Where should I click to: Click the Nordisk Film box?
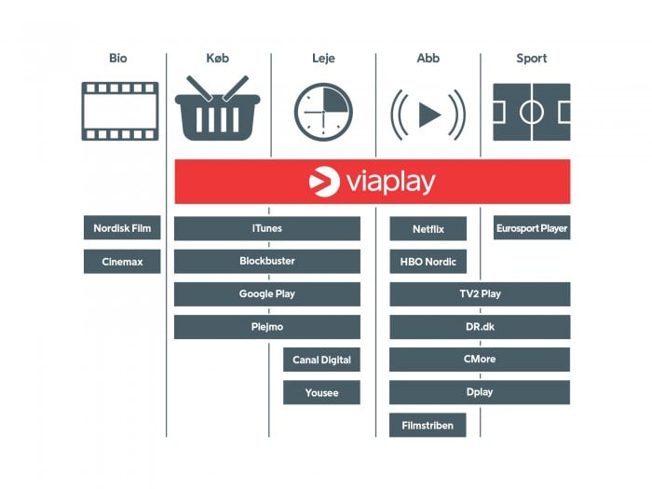pos(122,228)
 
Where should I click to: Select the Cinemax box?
pos(122,262)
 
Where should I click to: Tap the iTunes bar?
pos(266,228)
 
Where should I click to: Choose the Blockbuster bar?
pos(266,262)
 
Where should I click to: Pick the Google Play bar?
pos(266,294)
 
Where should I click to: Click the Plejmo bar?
pos(266,327)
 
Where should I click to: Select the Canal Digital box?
pos(321,360)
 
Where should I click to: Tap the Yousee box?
pos(321,392)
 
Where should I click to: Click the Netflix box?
pos(428,228)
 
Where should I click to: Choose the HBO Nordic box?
pos(428,262)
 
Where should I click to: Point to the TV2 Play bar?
pos(480,294)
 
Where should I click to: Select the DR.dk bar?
pos(480,327)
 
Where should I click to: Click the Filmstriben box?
pos(428,425)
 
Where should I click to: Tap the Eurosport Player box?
pos(531,228)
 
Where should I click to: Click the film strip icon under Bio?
pos(119,112)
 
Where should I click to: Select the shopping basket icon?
pos(218,110)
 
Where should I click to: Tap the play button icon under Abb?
pos(428,113)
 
